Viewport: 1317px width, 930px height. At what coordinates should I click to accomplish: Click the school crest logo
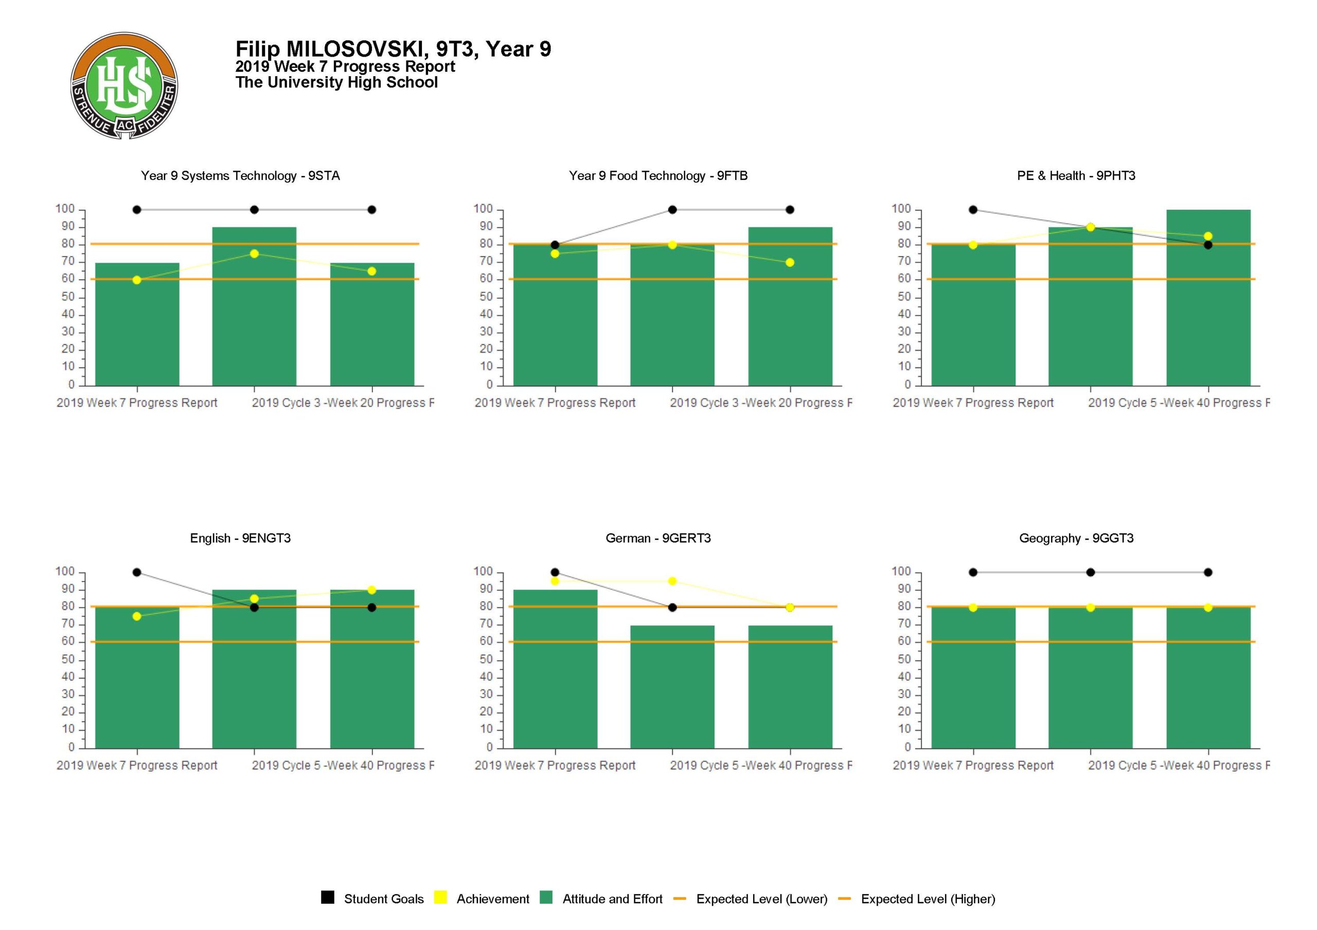coord(124,85)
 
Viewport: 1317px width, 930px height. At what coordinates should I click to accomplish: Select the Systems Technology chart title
coord(240,176)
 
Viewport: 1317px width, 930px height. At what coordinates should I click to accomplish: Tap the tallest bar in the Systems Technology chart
coord(254,306)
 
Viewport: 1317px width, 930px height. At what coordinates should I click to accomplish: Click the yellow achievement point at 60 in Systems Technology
coord(136,280)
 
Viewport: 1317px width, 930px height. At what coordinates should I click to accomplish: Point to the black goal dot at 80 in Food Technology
coord(555,245)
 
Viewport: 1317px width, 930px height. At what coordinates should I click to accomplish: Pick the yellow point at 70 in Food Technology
coord(790,263)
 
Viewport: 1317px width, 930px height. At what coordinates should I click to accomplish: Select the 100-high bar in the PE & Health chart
coord(1208,298)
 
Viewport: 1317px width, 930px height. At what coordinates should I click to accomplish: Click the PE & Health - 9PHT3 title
coord(1076,176)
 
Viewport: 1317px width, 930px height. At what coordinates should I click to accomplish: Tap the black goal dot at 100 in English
coord(136,572)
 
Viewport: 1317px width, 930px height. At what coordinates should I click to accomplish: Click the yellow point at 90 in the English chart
coord(372,590)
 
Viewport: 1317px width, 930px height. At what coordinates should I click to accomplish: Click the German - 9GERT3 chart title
coord(658,538)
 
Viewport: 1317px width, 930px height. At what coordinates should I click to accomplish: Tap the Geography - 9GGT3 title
coord(1076,538)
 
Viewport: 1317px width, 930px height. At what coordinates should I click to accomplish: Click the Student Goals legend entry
coord(372,899)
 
